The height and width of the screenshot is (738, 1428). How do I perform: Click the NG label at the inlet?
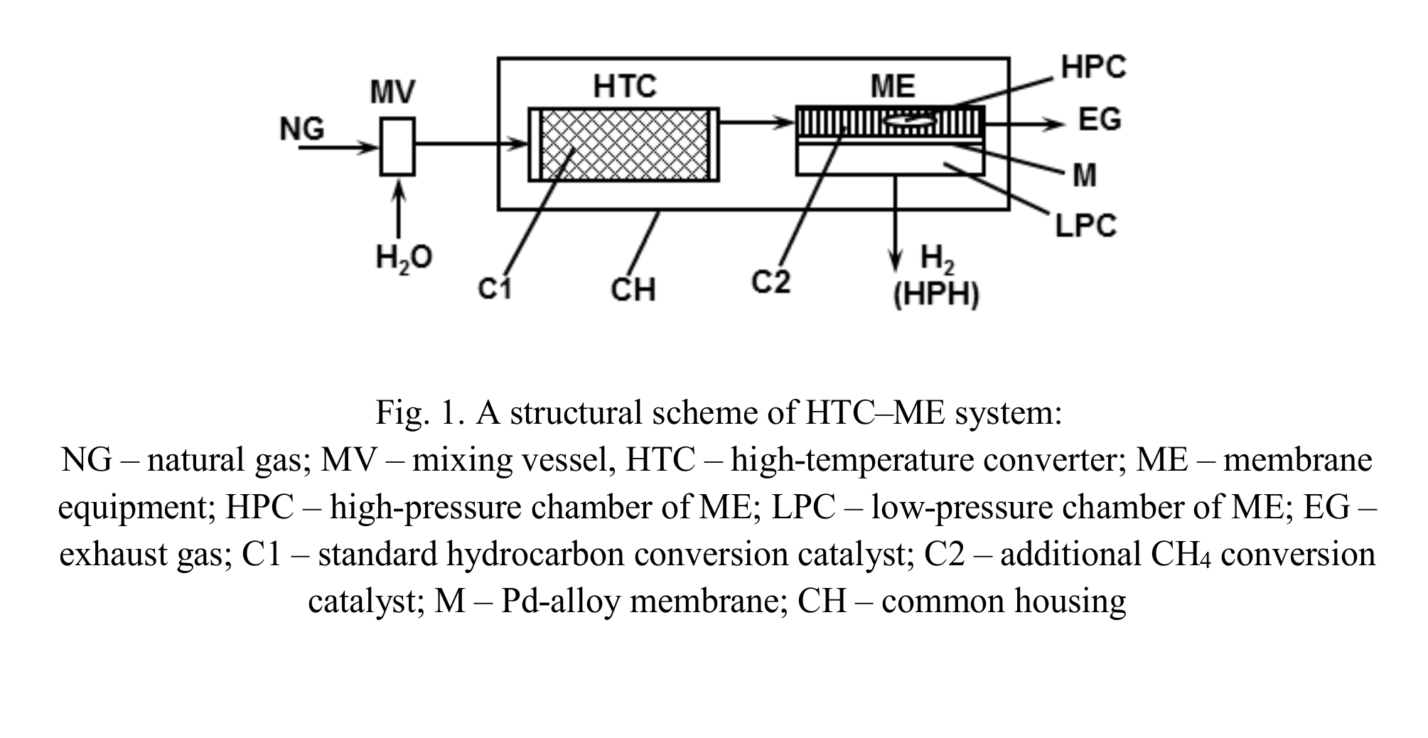tap(302, 129)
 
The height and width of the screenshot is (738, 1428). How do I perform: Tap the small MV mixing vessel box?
tap(397, 146)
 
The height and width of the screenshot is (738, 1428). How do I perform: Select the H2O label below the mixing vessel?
tap(404, 257)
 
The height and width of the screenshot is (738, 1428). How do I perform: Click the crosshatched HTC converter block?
tap(624, 144)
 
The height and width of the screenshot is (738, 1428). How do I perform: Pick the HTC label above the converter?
tap(625, 86)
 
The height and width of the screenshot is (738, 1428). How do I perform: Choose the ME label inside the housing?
tap(893, 86)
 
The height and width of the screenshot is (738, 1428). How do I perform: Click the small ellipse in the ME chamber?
tap(910, 121)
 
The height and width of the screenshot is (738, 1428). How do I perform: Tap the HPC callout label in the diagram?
tap(1093, 67)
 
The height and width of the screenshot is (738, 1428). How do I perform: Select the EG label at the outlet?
tap(1100, 119)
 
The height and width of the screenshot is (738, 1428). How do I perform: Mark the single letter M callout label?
tap(1085, 175)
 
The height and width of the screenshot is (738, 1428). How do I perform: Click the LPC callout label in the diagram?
tap(1085, 225)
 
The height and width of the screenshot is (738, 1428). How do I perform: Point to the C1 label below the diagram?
tap(495, 289)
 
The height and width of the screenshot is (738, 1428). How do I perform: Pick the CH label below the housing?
tap(632, 289)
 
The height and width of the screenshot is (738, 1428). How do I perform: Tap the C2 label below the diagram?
tap(771, 282)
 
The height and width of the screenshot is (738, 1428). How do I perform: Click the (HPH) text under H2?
tap(936, 294)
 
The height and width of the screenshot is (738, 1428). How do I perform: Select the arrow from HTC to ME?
tap(757, 122)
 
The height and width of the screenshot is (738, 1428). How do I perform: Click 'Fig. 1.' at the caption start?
tap(420, 412)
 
